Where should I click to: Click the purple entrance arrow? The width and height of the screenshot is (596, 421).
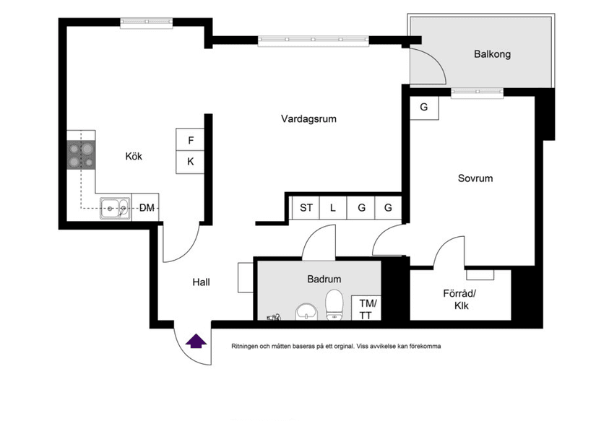point(196,342)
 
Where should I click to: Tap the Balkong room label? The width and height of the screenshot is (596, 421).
point(492,54)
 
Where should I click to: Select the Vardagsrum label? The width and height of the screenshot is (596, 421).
point(308,119)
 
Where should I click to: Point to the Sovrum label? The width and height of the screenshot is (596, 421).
point(475,178)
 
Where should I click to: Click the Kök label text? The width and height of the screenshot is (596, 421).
point(134,156)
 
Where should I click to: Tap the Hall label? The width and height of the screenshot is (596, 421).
point(201,282)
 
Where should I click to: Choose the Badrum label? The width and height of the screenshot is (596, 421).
point(324,279)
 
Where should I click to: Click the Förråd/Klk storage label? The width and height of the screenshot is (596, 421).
point(459,300)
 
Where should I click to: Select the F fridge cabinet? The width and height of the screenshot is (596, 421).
point(190,140)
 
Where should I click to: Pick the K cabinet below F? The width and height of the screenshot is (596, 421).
point(190,162)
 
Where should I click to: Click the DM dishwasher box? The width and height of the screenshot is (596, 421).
point(145,207)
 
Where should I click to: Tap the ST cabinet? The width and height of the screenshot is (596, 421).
point(306,208)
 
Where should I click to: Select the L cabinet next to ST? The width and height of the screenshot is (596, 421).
point(333,208)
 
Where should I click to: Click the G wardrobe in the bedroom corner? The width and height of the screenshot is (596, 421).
point(424,108)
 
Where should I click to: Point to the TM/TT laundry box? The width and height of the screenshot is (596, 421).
point(366,308)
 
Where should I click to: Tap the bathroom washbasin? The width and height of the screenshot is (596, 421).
point(306,311)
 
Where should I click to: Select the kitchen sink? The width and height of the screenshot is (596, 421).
point(114,208)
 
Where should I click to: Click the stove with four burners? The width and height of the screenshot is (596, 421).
point(81,155)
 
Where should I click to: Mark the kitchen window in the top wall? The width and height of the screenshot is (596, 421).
point(147,23)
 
